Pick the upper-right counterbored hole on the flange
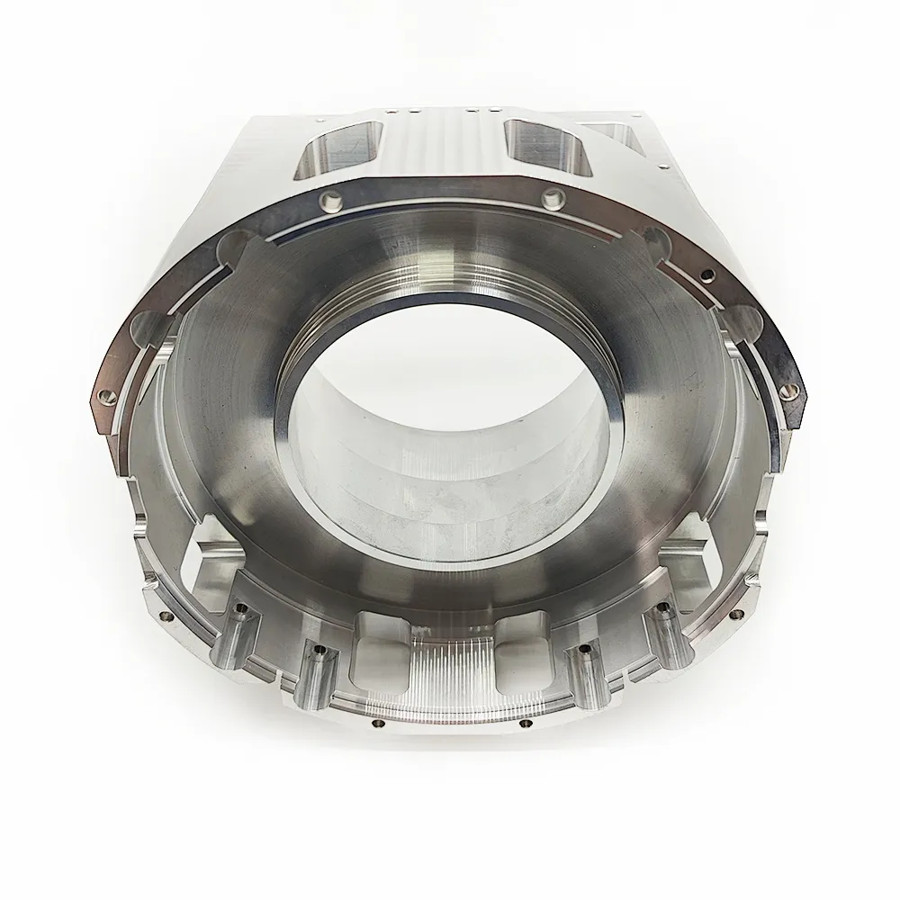pos(552,197)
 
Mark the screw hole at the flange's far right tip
pos(789,388)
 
